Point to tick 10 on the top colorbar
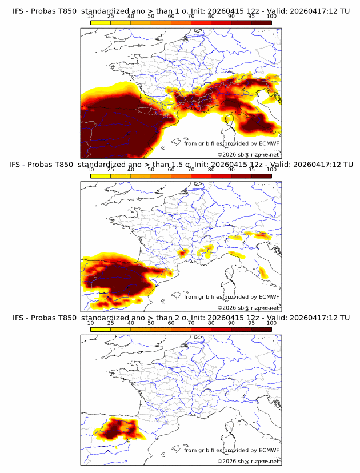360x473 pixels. (91, 16)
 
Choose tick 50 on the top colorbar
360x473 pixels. (151, 16)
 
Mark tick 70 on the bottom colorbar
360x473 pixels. (191, 323)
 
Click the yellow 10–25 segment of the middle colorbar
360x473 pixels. (101, 175)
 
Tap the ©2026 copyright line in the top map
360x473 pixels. (248, 155)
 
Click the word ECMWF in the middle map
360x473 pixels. (269, 297)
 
